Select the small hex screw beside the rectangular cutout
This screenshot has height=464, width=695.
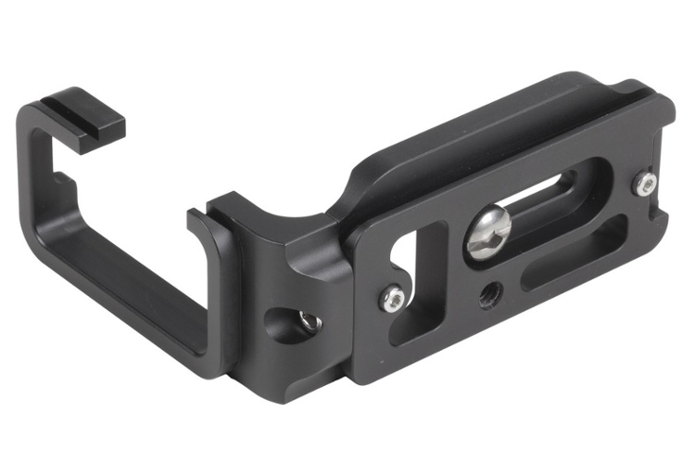[394, 298]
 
